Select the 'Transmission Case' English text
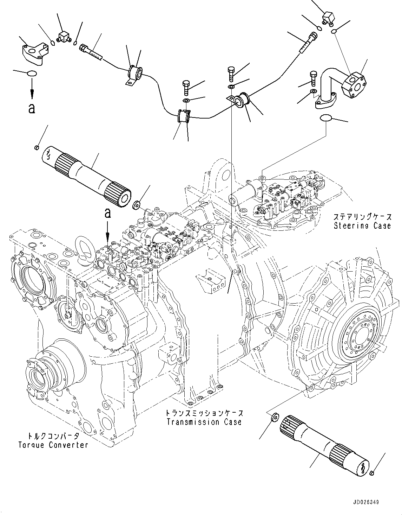tap(204, 422)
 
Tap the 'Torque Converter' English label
tap(53, 445)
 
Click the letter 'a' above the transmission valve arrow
tap(108, 213)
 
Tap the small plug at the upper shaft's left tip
tap(37, 147)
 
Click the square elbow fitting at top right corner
tap(328, 17)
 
